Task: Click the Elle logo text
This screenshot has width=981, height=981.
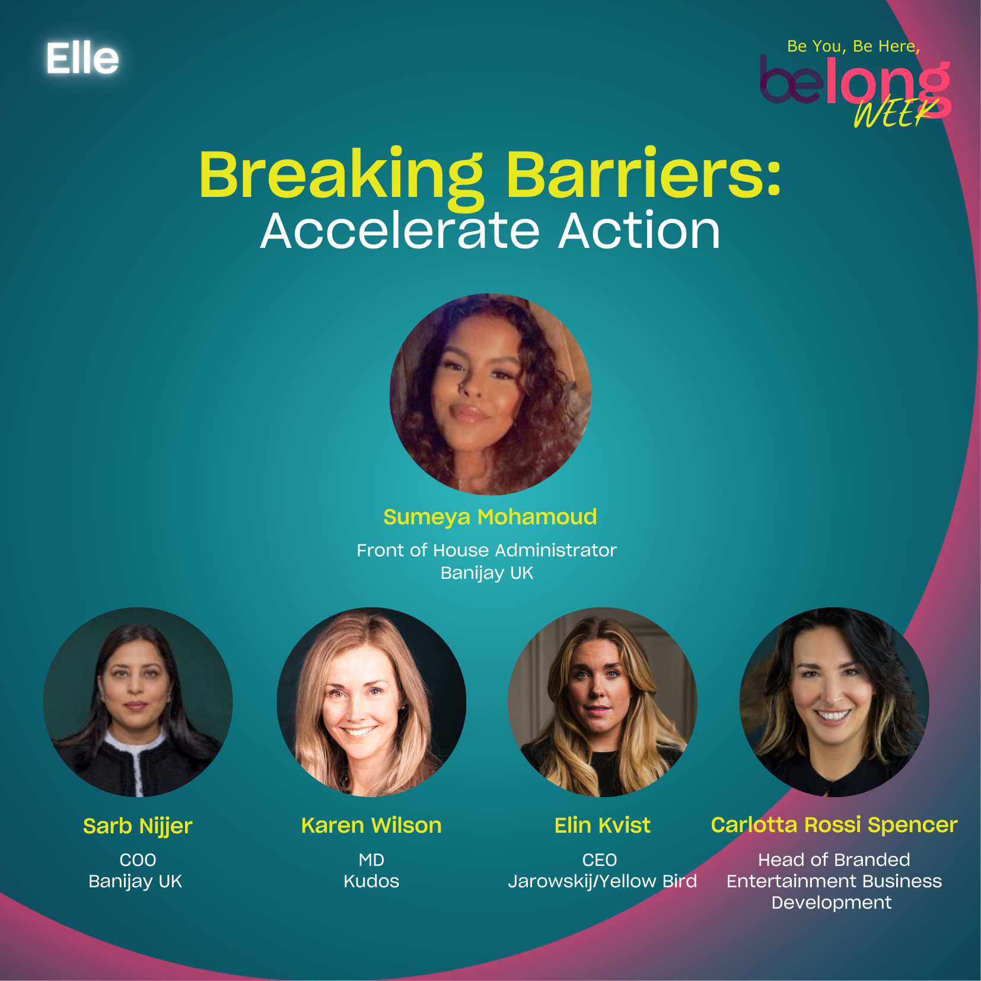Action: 82,58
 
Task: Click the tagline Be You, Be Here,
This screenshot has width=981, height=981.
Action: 853,46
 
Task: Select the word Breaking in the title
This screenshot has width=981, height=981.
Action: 342,176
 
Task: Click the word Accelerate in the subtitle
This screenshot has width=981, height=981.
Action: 400,231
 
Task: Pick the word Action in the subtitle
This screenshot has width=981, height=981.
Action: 639,231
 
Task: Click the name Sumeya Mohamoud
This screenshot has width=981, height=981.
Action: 490,517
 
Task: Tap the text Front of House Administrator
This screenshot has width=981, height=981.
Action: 486,550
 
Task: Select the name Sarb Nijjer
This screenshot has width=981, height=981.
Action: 138,826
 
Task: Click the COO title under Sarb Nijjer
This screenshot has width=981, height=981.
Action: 138,859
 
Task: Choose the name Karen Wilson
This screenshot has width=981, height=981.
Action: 371,825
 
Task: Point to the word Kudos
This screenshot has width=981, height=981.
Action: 371,881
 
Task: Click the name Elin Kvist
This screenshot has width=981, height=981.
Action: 602,825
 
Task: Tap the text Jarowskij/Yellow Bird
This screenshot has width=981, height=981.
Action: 602,881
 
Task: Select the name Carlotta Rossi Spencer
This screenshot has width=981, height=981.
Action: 834,824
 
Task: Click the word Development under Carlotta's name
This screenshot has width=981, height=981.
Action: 831,903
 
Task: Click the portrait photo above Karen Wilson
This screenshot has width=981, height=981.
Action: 371,702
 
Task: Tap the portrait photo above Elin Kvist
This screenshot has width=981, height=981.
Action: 602,702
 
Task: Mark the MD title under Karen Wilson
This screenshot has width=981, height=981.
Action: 371,859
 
